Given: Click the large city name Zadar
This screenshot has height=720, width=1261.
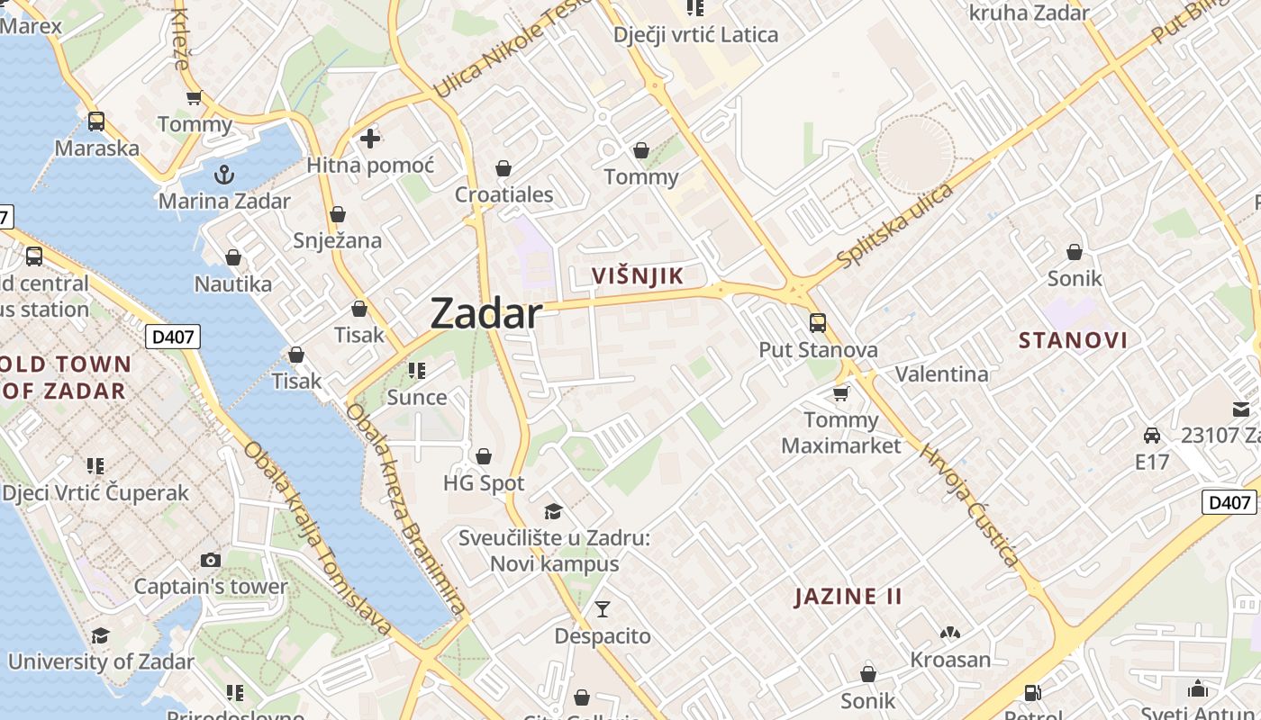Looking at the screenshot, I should [486, 314].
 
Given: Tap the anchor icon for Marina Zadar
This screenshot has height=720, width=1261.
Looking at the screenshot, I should [224, 174].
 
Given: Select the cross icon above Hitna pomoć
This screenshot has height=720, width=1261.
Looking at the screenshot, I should [370, 139].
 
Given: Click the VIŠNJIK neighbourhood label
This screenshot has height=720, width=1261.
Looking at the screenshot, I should [638, 275].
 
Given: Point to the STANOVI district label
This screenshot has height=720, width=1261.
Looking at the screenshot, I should [1073, 340].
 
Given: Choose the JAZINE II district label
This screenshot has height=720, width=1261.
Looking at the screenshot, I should [848, 597].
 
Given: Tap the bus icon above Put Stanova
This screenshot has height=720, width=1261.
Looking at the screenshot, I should [818, 322].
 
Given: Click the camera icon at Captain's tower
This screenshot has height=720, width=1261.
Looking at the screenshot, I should [211, 560].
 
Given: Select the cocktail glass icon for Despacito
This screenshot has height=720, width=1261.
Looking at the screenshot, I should [603, 609].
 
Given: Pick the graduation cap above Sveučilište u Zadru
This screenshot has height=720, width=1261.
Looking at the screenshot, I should [553, 511].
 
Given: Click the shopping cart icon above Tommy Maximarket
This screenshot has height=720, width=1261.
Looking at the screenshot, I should [841, 393].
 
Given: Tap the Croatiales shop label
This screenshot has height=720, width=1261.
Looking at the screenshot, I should [503, 194].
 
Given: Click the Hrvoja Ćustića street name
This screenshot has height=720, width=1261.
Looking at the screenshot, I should [969, 505].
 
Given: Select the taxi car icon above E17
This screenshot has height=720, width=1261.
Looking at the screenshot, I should [1151, 436].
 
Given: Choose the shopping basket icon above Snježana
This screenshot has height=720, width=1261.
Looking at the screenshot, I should [338, 214].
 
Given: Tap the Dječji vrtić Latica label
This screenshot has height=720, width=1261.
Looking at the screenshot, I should [695, 35].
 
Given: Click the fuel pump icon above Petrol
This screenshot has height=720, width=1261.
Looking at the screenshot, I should [1033, 692].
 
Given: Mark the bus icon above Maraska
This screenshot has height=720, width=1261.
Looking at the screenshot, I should [96, 121].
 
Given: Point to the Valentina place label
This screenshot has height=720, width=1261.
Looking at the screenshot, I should [941, 373].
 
